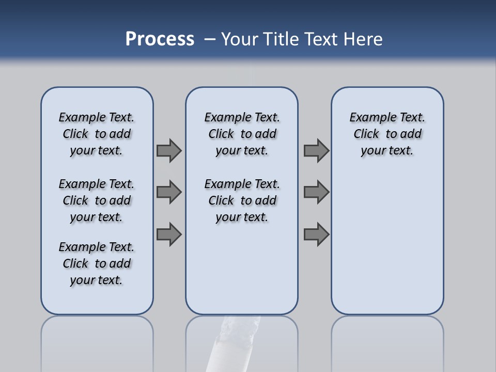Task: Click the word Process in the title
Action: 160,39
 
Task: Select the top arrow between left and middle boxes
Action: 169,150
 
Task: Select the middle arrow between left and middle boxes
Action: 169,192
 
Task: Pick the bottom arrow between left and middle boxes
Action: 169,234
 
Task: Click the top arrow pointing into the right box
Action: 316,150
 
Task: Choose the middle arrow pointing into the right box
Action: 316,192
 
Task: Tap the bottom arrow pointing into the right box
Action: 316,234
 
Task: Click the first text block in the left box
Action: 97,134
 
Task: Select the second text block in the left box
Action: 97,200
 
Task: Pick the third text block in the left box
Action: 97,263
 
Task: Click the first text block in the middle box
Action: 242,134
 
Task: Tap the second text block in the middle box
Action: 242,200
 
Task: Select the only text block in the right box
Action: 387,134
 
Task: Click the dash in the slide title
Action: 210,39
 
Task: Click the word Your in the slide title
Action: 240,39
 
